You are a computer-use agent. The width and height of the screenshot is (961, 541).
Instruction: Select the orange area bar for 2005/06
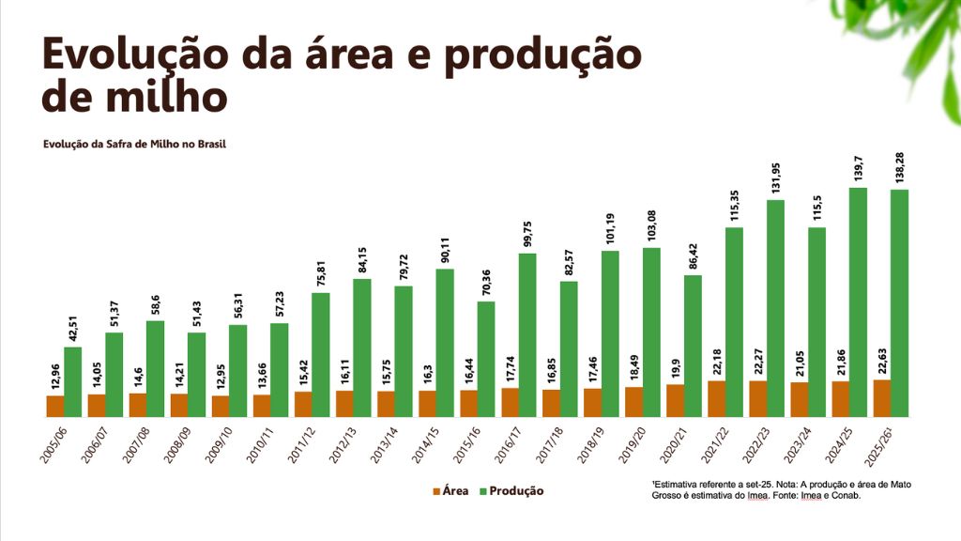55,407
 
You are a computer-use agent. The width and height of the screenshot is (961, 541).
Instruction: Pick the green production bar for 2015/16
486,360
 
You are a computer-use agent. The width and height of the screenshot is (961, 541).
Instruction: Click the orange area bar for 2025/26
882,398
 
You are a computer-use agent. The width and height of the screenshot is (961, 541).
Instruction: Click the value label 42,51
72,329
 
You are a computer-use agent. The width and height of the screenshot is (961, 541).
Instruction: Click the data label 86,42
693,256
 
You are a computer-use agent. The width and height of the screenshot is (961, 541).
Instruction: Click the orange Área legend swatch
436,491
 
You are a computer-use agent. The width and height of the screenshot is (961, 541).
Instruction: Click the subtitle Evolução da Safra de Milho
134,145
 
